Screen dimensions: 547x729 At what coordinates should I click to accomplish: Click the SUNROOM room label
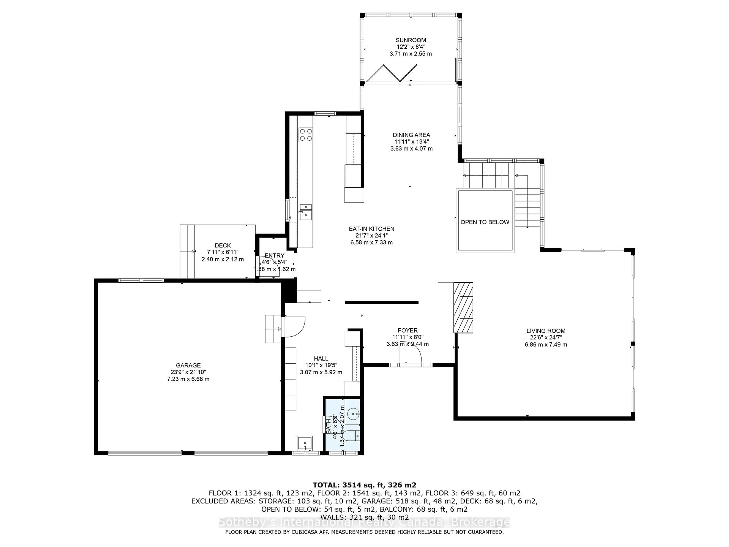[411, 40]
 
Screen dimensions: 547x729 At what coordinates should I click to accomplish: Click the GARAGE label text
[188, 365]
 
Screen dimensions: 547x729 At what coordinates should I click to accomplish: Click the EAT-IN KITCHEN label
[371, 229]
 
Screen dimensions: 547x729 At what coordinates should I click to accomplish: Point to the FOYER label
[407, 330]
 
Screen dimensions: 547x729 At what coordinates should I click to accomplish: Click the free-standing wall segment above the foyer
[381, 302]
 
